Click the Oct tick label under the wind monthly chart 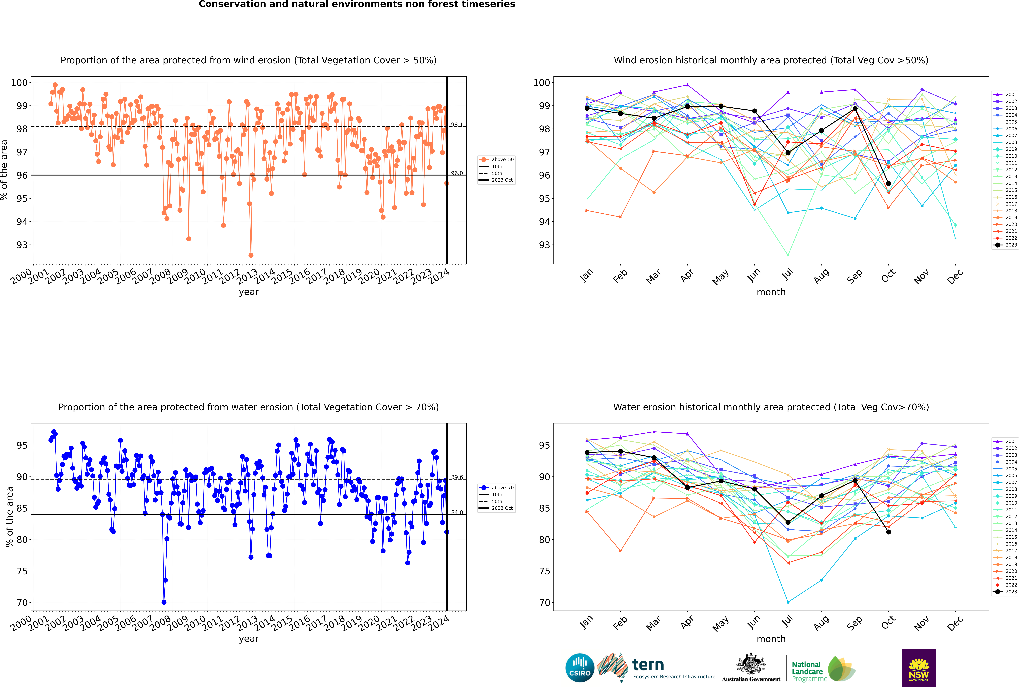point(888,276)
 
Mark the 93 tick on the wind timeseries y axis point(22,245)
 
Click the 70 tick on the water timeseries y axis point(22,602)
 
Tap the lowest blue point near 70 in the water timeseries point(164,602)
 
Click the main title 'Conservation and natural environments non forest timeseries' point(357,4)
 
